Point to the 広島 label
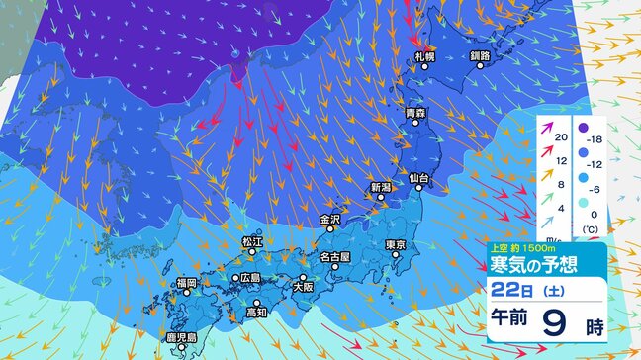[248, 278]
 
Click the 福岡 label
[187, 283]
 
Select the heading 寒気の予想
[531, 265]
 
